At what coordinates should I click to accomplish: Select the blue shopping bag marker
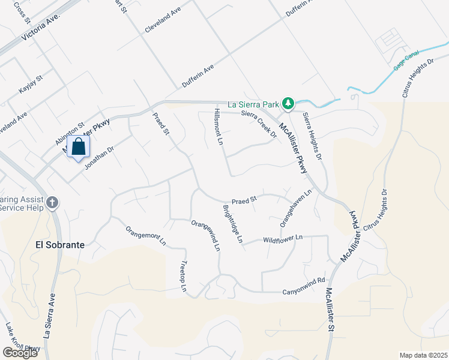(79, 147)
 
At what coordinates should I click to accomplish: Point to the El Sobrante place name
(60, 245)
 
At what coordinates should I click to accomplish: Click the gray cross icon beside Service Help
(52, 202)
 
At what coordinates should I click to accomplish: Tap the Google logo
(20, 352)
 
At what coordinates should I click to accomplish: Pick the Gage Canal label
(406, 62)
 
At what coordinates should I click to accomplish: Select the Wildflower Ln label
(283, 239)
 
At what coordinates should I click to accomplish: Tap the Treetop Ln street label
(184, 277)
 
